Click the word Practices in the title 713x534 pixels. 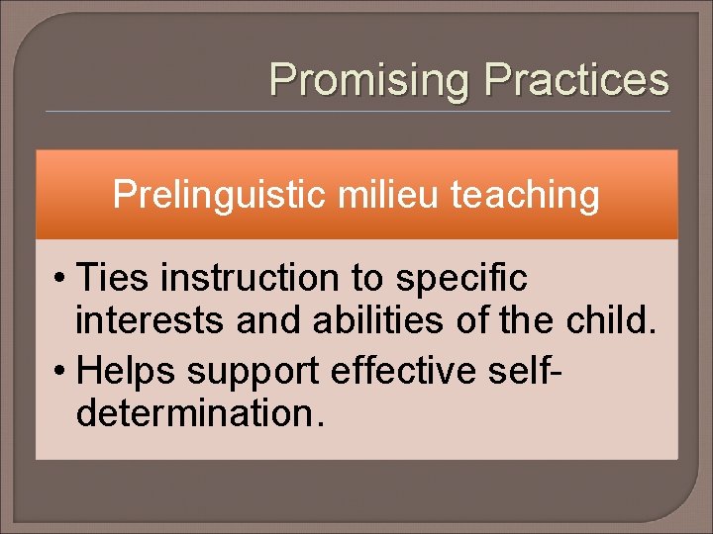pyautogui.click(x=576, y=80)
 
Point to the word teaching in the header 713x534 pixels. pyautogui.click(x=525, y=196)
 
